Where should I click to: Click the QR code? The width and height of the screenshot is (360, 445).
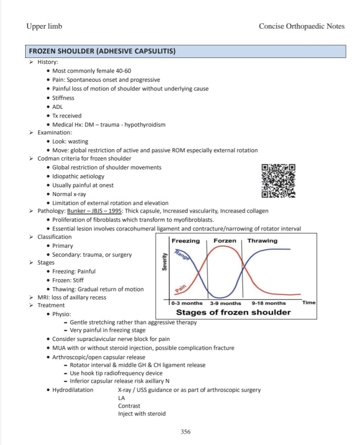coord(279,180)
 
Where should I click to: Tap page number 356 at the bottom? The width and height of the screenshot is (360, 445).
coord(185,432)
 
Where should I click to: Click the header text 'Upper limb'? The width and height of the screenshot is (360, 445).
coord(44,27)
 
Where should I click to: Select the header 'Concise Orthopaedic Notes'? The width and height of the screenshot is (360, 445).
coord(302,27)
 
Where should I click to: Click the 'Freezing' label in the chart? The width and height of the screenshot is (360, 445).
coord(185,241)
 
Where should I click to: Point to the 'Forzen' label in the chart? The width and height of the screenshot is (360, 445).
coord(225,241)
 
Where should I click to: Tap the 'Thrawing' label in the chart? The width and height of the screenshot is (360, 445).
coord(262,241)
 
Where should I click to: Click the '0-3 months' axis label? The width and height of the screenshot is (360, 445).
coord(187,303)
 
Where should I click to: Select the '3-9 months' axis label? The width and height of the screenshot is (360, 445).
coord(225,303)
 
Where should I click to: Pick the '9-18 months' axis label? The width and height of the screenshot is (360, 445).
coord(269,303)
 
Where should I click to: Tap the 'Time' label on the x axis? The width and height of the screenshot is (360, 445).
coord(309,302)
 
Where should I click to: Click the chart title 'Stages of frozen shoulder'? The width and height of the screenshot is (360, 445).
coord(233,312)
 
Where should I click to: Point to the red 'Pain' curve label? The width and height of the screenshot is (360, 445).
coord(180,288)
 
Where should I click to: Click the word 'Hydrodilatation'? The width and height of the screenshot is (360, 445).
coord(73,390)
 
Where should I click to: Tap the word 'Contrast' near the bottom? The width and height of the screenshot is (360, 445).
coord(129,406)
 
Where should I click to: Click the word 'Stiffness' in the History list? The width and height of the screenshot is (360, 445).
coord(63,98)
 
